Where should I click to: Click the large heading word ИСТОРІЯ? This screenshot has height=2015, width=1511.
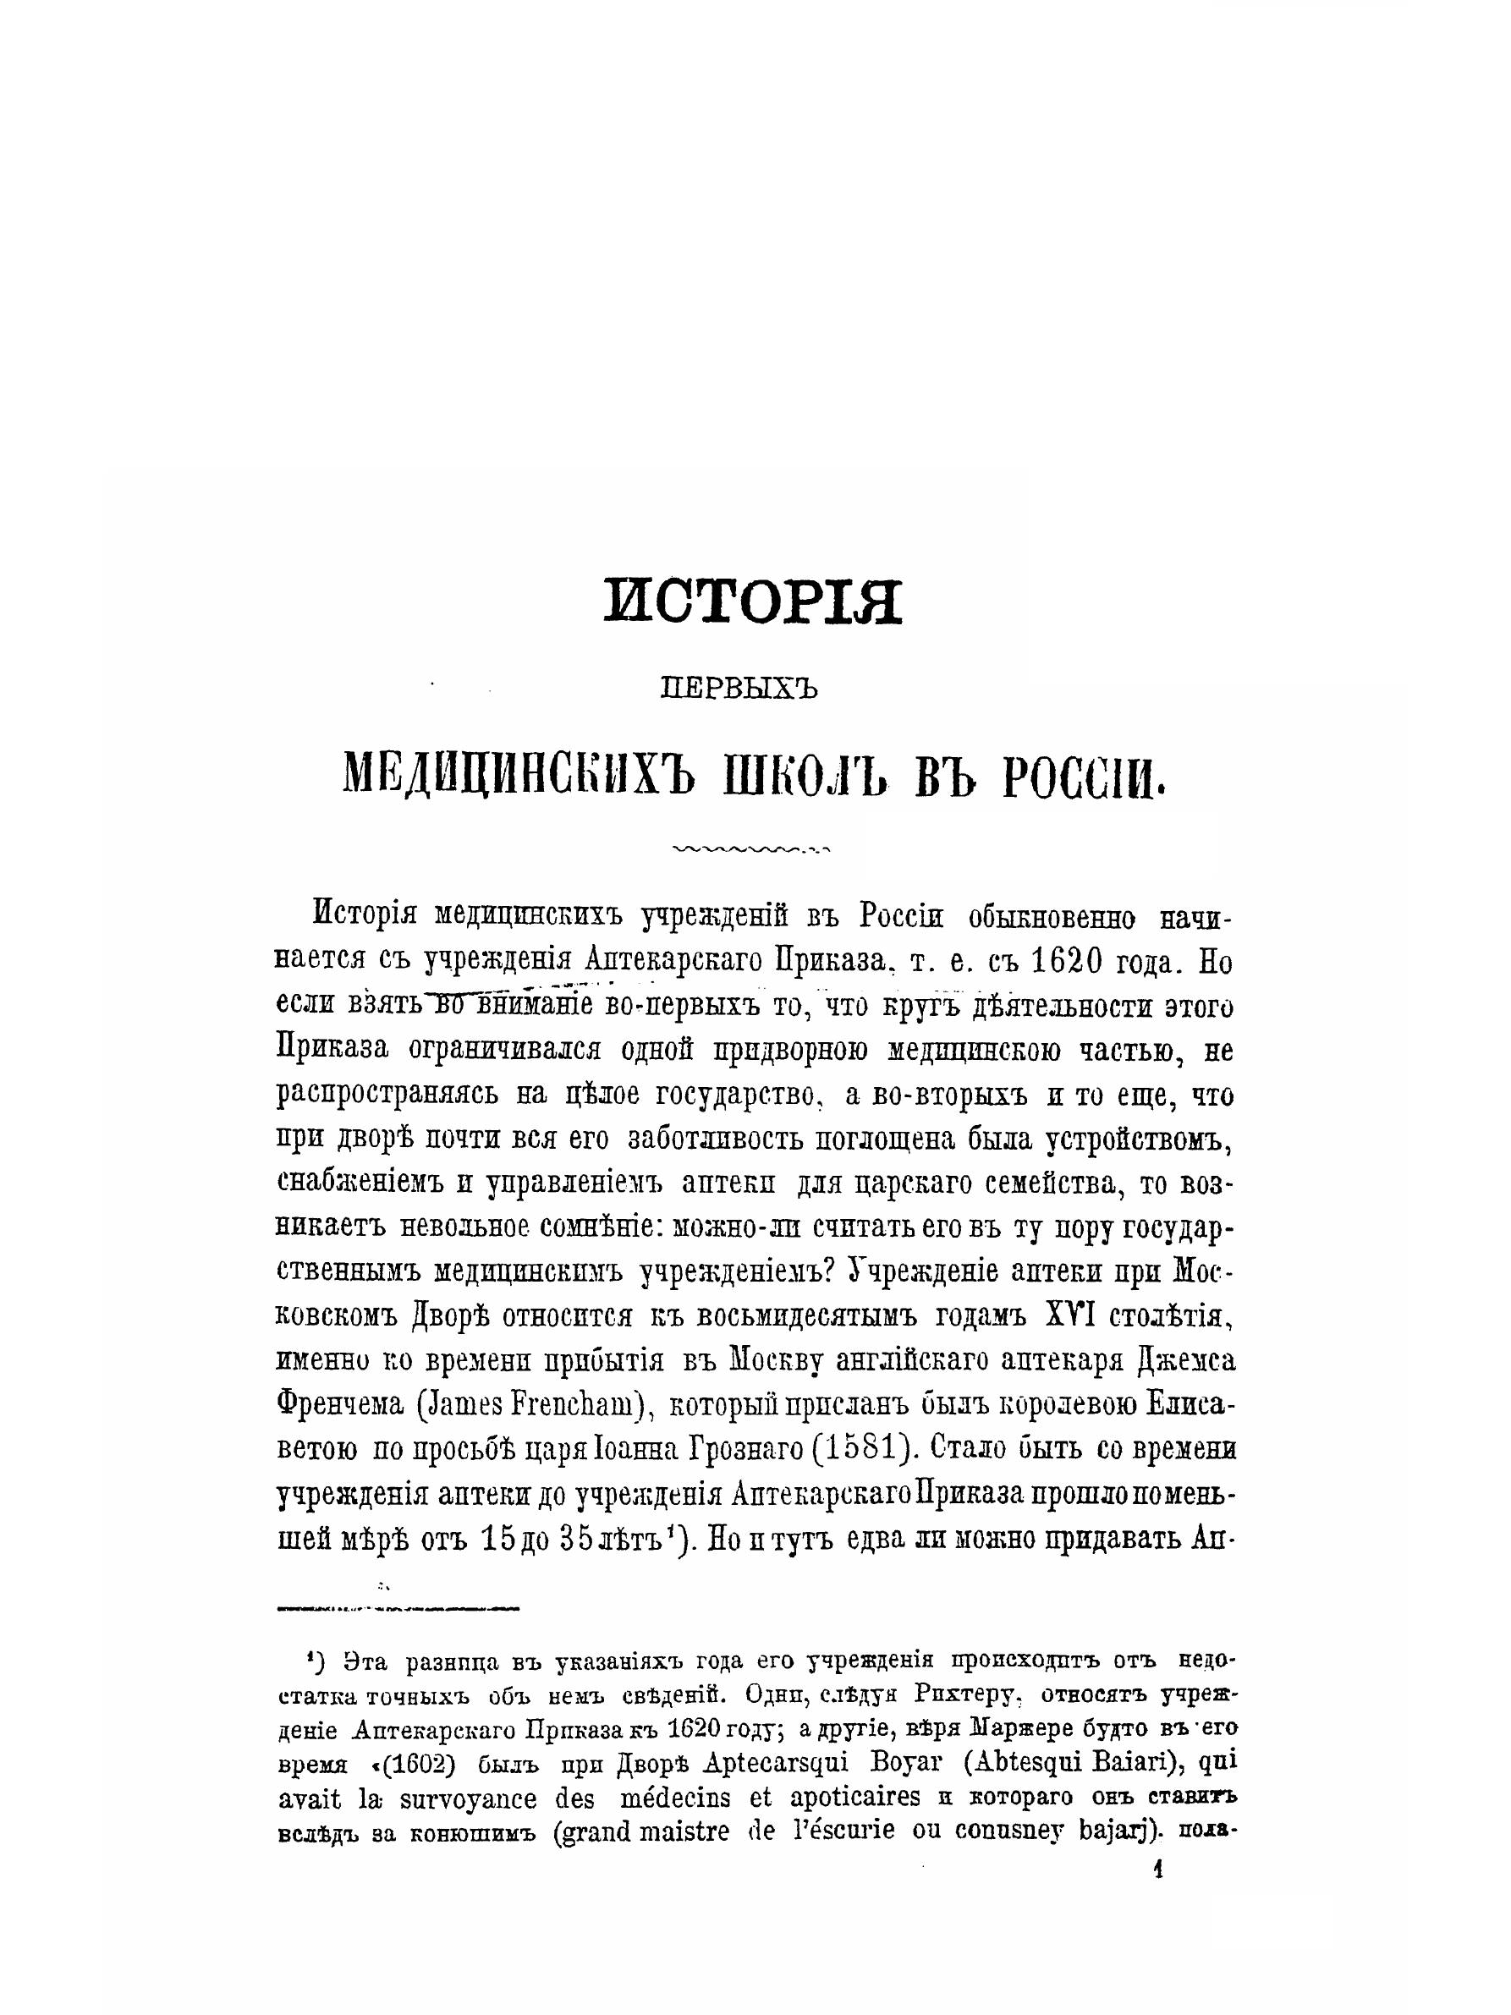click(x=752, y=601)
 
